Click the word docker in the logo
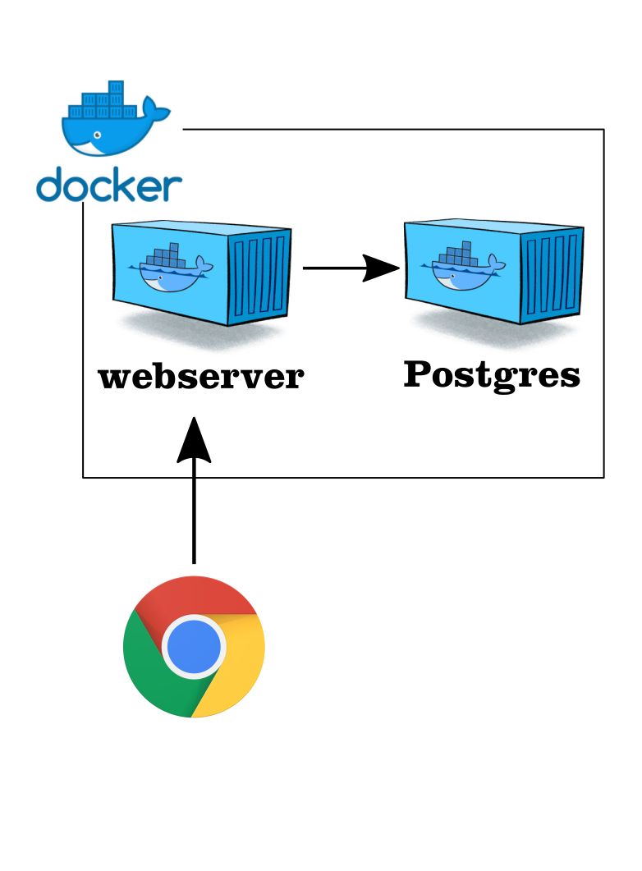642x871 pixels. (x=108, y=186)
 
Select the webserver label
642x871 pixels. (x=201, y=378)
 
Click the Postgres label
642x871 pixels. (x=492, y=375)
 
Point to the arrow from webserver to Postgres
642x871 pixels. (x=345, y=268)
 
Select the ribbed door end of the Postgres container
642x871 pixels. (x=554, y=274)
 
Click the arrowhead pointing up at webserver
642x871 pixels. (x=194, y=439)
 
